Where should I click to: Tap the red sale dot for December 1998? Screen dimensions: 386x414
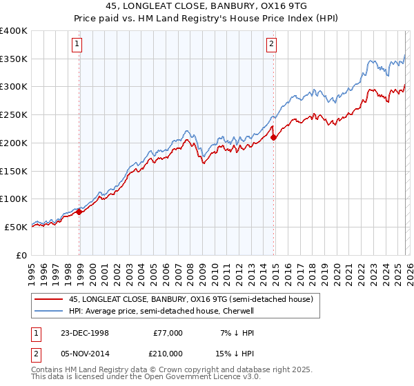[79, 212]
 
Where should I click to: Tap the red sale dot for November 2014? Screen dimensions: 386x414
[274, 137]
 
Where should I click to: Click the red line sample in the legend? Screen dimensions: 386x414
[49, 300]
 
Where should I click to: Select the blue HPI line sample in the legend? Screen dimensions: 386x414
[49, 311]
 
